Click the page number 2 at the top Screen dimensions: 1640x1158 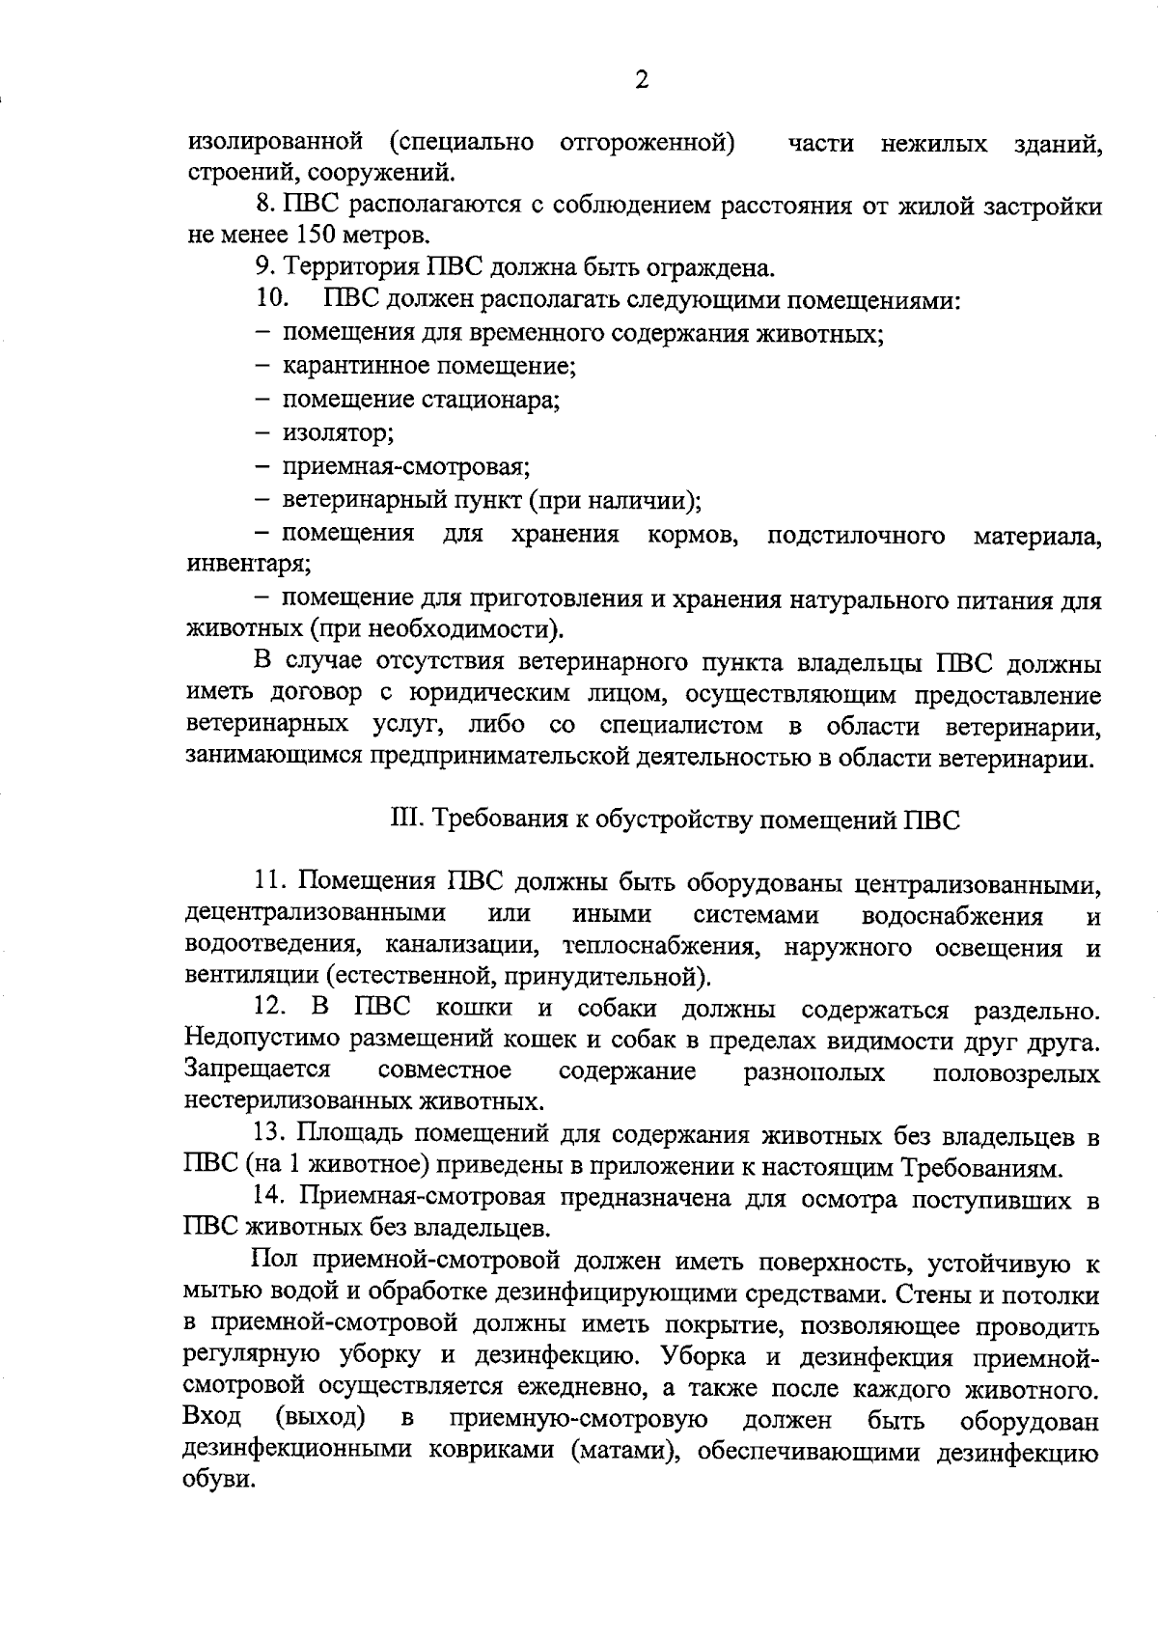pos(642,80)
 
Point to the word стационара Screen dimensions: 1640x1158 pos(504,400)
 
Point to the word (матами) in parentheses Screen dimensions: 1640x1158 pos(624,1451)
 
